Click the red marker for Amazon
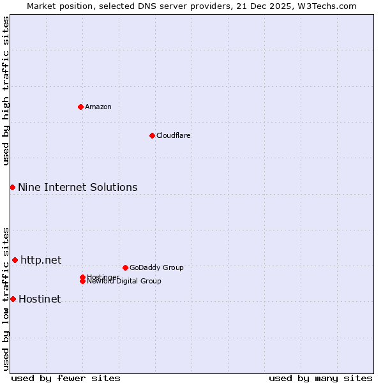point(80,107)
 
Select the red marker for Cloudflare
point(152,135)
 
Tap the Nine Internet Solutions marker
point(12,187)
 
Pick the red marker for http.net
point(15,260)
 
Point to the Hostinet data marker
point(13,299)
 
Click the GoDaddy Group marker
point(125,267)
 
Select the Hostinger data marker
point(82,277)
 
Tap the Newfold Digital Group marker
point(83,282)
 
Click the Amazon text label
point(98,107)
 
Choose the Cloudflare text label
point(174,135)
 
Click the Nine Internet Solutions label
point(77,187)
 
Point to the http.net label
point(41,260)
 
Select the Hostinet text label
point(40,299)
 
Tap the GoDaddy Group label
point(156,267)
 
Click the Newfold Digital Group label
point(124,282)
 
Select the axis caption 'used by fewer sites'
point(66,378)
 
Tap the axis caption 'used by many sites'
point(320,378)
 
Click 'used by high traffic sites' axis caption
point(6,91)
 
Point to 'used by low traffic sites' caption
point(6,298)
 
